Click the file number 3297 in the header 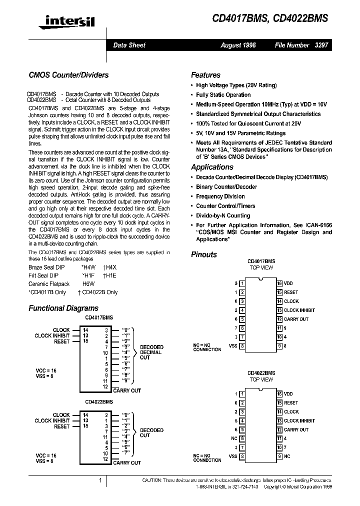[321, 45]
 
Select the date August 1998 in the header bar [238, 45]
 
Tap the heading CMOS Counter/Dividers [68, 75]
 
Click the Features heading [205, 75]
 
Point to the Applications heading [212, 167]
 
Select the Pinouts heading [204, 254]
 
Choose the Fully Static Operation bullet [223, 95]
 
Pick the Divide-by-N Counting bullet [222, 215]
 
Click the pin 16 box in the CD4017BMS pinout [279, 283]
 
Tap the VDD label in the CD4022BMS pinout [288, 394]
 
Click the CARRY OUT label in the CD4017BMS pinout [296, 319]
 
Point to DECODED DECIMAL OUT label [151, 352]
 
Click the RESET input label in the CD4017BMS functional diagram [62, 341]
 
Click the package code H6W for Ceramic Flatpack [88, 283]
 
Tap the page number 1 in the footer [100, 480]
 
